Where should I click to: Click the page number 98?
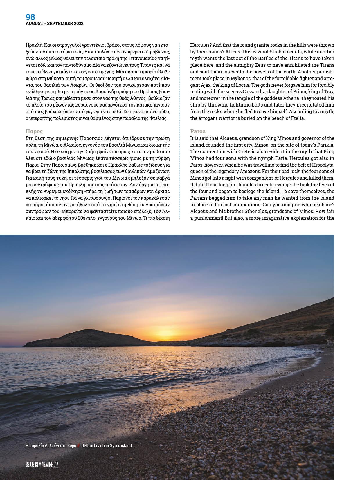pyautogui.click(x=30, y=17)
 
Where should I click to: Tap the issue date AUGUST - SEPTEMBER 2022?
pyautogui.click(x=55, y=24)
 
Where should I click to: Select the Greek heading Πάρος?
pyautogui.click(x=34, y=131)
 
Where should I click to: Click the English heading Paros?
pyautogui.click(x=198, y=131)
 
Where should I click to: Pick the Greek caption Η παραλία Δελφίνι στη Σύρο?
pyautogui.click(x=51, y=445)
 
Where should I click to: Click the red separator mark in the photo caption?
pyautogui.click(x=78, y=445)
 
